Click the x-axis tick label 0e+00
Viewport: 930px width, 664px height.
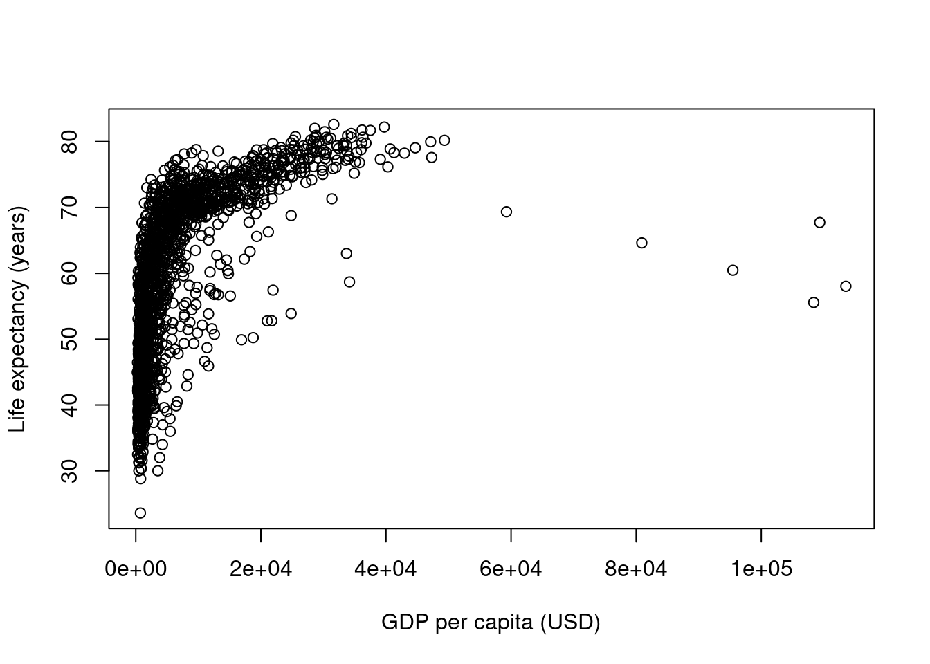coord(136,569)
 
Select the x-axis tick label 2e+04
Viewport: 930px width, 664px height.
coord(261,569)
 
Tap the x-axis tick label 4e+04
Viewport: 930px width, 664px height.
coord(386,569)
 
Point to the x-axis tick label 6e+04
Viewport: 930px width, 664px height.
coord(511,569)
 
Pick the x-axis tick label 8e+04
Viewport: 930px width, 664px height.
coord(636,569)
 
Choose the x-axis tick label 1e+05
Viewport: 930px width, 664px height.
coord(761,569)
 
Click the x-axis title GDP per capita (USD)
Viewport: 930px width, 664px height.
coord(491,622)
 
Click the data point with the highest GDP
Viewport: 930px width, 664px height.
coord(846,286)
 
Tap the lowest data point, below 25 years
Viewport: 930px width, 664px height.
coord(140,513)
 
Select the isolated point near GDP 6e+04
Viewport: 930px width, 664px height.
coord(507,212)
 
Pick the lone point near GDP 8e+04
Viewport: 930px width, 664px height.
coord(641,243)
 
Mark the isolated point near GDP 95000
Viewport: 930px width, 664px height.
coord(733,270)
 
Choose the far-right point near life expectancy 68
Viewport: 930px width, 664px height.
coord(820,223)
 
